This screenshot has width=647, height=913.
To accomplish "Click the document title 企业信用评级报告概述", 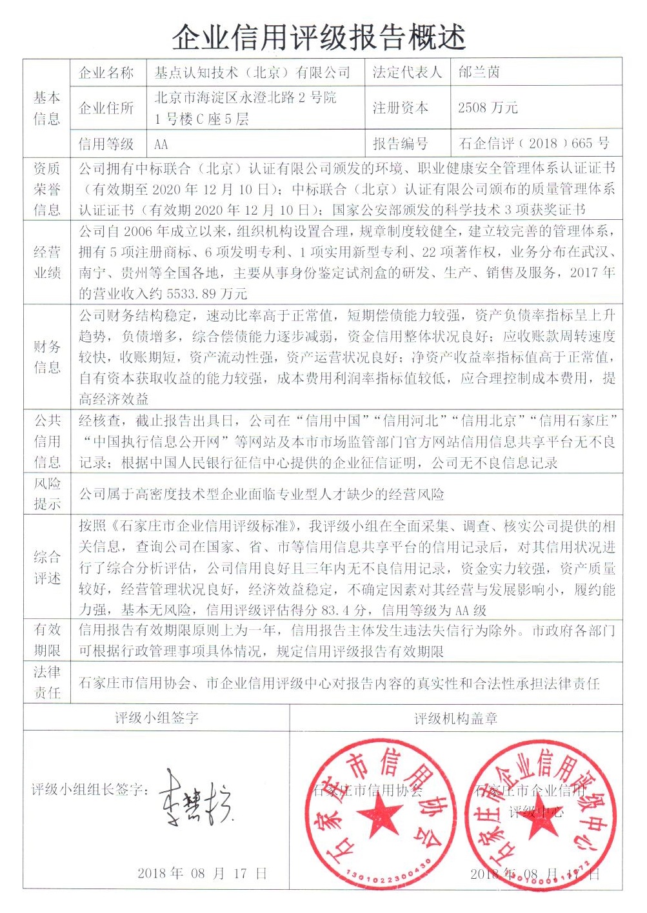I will (x=319, y=37).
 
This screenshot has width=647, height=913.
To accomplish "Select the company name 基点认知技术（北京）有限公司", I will (x=252, y=72).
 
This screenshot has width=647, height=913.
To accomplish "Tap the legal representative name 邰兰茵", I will (x=479, y=72).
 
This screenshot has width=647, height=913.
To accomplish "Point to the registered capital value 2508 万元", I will (x=488, y=108).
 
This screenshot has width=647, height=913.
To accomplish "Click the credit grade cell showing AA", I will (x=161, y=144).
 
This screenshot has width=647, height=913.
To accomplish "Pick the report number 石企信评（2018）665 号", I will (x=533, y=143).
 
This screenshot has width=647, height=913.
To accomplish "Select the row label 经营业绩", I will (x=47, y=262).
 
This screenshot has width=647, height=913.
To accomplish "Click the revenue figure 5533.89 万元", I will (x=206, y=293).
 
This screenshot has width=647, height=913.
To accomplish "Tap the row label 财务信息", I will (x=47, y=357).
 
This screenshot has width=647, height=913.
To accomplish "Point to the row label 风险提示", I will (x=47, y=493).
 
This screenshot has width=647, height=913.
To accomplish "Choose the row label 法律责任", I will (x=47, y=682).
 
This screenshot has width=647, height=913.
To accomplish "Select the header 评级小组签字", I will (x=157, y=718).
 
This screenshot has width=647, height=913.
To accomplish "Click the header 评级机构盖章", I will (x=455, y=718).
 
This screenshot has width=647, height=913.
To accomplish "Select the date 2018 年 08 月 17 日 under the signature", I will (x=202, y=874).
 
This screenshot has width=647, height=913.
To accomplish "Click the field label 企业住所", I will (x=106, y=108).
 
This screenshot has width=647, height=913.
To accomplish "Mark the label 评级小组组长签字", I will (x=90, y=789).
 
